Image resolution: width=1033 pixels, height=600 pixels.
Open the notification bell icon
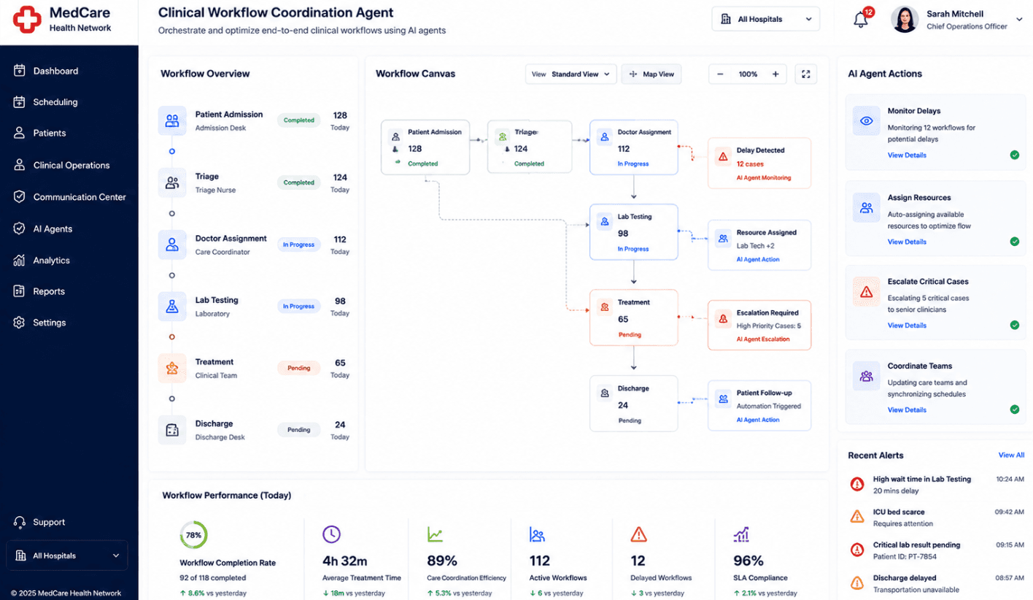coord(861,20)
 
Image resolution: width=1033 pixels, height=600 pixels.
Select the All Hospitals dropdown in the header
coord(765,19)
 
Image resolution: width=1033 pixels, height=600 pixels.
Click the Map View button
coord(651,74)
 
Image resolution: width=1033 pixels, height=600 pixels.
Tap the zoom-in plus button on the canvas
coord(775,74)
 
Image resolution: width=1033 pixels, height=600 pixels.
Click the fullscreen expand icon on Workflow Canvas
coord(805,74)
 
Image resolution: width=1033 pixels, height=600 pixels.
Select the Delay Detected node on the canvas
coord(759,163)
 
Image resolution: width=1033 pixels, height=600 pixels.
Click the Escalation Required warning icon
coord(723,318)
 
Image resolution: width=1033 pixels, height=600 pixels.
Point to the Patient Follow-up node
coord(759,406)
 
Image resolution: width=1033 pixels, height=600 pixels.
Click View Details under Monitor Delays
coord(907,155)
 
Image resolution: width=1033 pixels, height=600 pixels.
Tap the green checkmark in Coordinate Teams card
coord(1015,409)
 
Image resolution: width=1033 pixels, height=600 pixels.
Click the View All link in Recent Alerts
coord(1011,455)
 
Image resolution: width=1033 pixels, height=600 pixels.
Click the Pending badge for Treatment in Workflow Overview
coord(298,368)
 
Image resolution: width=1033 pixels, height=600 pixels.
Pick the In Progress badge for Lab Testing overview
coord(298,306)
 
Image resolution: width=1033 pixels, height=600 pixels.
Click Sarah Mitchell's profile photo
coord(905,20)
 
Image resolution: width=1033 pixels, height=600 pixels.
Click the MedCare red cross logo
coord(27,20)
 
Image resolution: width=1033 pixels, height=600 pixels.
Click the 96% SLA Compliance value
coord(748,561)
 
